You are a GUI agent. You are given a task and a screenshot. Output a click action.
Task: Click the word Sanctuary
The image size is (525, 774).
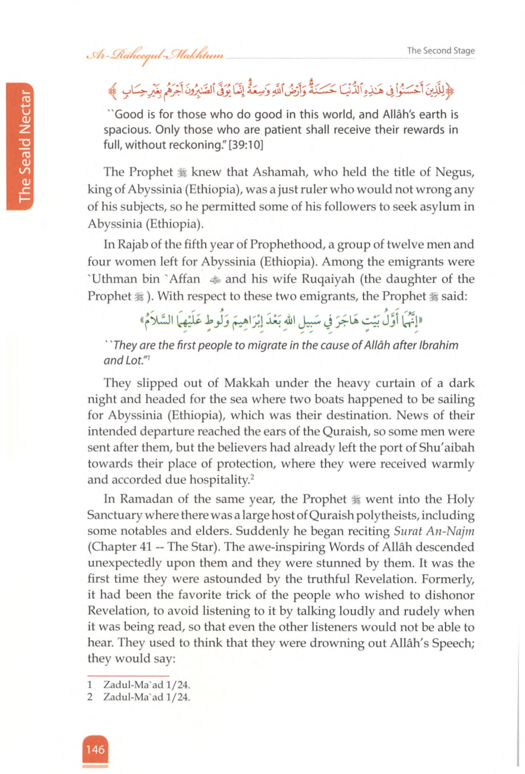[115, 515]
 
